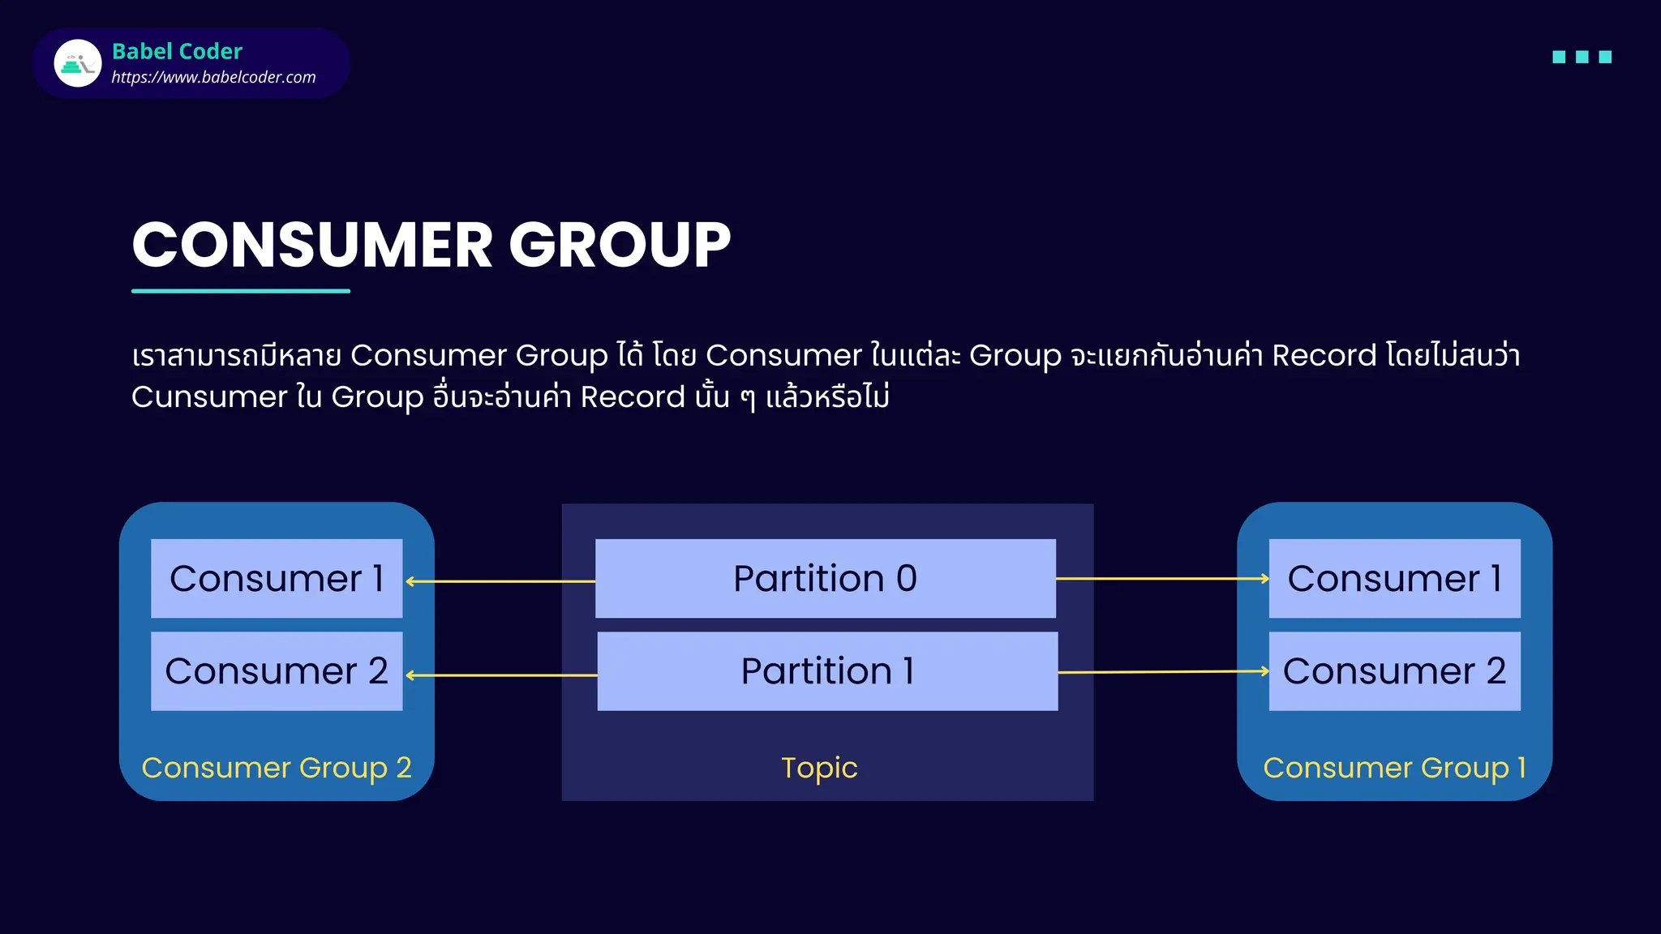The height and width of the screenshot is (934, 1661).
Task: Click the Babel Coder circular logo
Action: point(78,63)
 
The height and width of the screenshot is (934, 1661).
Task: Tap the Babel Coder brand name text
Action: point(177,51)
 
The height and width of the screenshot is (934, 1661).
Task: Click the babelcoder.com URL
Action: point(213,77)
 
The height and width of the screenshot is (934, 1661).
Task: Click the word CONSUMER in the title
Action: point(312,245)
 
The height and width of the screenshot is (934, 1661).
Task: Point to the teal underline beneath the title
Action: point(241,290)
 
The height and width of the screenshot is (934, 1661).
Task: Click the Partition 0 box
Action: point(825,578)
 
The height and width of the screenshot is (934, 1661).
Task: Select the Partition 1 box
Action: point(827,671)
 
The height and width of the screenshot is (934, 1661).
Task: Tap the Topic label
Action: point(819,767)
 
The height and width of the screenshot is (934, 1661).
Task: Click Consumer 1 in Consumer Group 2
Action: point(277,578)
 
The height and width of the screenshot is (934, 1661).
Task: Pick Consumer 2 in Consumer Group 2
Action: point(277,671)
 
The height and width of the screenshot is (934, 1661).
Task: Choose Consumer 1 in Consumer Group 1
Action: point(1394,578)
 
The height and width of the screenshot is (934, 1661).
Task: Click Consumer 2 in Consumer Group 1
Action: point(1394,671)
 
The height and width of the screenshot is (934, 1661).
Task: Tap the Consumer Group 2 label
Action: point(277,767)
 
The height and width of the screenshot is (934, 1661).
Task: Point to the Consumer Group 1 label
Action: point(1394,767)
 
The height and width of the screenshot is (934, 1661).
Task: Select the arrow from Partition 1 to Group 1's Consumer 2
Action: point(1163,672)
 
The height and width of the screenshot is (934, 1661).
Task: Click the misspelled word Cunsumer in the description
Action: point(209,397)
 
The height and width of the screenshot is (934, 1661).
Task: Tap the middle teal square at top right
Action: point(1582,57)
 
